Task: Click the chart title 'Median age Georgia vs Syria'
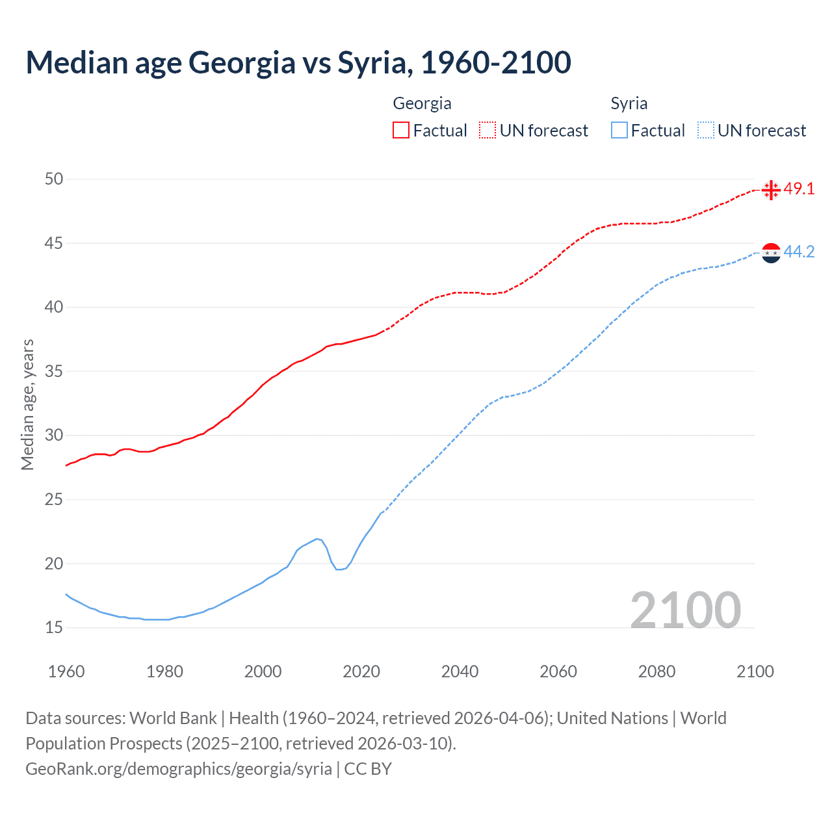pyautogui.click(x=298, y=62)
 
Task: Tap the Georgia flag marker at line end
pyautogui.click(x=771, y=190)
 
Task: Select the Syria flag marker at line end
pyautogui.click(x=771, y=252)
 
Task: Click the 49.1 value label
pyautogui.click(x=799, y=189)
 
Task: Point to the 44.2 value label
pyautogui.click(x=799, y=252)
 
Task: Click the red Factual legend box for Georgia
pyautogui.click(x=401, y=131)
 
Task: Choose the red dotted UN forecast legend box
pyautogui.click(x=487, y=131)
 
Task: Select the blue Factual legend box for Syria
pyautogui.click(x=619, y=131)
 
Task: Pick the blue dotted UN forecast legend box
pyautogui.click(x=705, y=131)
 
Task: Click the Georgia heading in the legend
pyautogui.click(x=422, y=103)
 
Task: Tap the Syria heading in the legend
pyautogui.click(x=629, y=103)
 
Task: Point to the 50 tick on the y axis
pyautogui.click(x=54, y=179)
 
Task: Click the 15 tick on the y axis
pyautogui.click(x=54, y=628)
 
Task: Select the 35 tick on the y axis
pyautogui.click(x=54, y=372)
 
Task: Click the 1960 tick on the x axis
pyautogui.click(x=66, y=671)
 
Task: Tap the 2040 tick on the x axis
pyautogui.click(x=460, y=671)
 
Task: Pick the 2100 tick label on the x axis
pyautogui.click(x=755, y=671)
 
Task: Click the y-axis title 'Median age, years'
pyautogui.click(x=27, y=404)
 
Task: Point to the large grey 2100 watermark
pyautogui.click(x=685, y=610)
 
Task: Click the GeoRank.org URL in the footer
pyautogui.click(x=179, y=769)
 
